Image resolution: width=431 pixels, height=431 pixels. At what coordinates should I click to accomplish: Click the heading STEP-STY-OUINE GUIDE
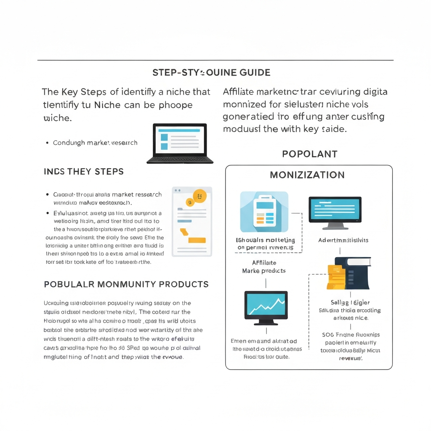tap(211, 73)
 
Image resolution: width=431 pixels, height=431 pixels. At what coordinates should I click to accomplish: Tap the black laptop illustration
tap(180, 143)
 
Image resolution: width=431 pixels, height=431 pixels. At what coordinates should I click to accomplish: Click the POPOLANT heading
tap(310, 154)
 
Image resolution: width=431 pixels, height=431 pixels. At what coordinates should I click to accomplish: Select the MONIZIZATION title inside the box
tap(307, 175)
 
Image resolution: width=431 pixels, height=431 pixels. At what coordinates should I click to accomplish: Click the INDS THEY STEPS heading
tap(84, 172)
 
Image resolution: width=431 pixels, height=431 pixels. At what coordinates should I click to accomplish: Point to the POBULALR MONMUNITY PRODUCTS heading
tap(126, 285)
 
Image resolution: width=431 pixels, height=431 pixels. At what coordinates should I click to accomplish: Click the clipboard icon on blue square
tap(264, 212)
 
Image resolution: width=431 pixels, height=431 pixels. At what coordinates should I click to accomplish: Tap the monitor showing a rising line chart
tap(266, 307)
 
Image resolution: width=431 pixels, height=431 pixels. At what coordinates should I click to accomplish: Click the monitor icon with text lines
tap(335, 212)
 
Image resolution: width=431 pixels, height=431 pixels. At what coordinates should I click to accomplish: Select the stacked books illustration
tap(349, 274)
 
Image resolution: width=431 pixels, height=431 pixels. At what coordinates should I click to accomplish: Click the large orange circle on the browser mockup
tap(199, 195)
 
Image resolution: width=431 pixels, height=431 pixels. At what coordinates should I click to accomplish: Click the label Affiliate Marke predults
tap(264, 266)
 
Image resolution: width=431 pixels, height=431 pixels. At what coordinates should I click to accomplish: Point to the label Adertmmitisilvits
tap(343, 240)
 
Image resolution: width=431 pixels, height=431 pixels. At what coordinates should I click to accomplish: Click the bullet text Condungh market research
tap(95, 143)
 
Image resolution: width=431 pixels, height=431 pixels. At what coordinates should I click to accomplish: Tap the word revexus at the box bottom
tap(351, 358)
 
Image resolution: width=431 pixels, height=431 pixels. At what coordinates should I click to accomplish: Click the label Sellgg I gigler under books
tap(350, 302)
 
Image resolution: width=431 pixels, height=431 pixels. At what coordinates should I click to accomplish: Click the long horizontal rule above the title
tap(215, 60)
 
